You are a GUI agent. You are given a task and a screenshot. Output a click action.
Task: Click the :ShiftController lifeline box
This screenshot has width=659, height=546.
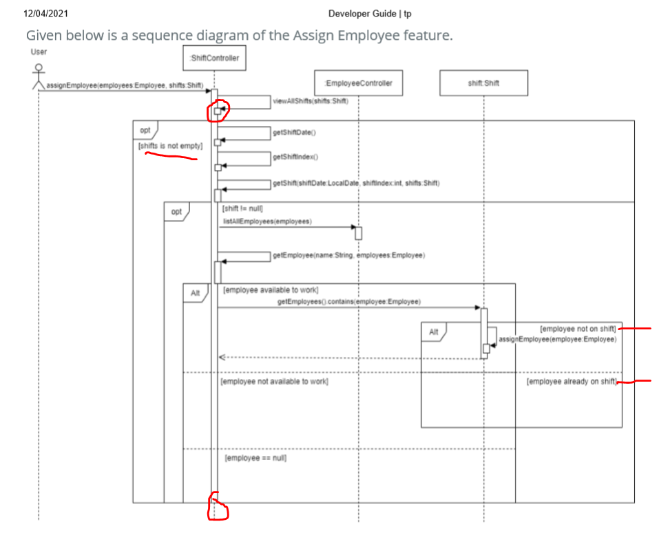point(214,58)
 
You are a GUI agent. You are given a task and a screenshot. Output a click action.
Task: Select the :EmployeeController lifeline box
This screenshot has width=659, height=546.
point(358,83)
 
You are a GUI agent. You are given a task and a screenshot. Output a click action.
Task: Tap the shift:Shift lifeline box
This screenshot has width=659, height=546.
point(483,83)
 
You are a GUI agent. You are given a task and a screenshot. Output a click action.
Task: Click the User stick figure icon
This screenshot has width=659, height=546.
point(39,74)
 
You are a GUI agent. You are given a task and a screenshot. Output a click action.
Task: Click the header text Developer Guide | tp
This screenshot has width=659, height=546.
point(370,14)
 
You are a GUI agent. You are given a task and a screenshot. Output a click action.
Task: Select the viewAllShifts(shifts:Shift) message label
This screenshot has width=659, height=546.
point(311,101)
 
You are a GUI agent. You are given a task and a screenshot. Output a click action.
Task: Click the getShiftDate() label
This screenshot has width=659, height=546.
point(294,131)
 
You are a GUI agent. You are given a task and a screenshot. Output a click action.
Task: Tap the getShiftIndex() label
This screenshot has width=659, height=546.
point(296,157)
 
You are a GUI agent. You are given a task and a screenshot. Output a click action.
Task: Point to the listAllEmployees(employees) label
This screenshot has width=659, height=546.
point(267,221)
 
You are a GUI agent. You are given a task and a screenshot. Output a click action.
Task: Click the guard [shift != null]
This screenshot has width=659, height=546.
point(242,208)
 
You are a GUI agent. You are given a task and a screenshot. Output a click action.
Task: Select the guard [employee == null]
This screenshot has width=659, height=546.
point(255,457)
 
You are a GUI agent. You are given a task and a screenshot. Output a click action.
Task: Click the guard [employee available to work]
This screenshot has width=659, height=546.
point(270,290)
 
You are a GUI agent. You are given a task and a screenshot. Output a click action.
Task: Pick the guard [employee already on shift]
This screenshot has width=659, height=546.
point(572,381)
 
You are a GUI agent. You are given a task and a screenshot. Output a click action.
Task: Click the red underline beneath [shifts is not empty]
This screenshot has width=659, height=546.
point(171,157)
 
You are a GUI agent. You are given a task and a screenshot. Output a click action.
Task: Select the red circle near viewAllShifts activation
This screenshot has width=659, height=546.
point(218,109)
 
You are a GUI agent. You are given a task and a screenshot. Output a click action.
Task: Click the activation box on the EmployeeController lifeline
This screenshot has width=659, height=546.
point(358,233)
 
